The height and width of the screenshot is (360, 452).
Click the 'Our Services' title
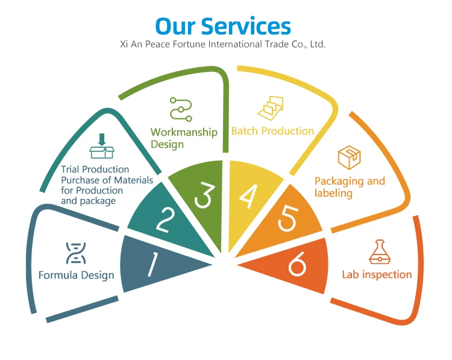pos(223,26)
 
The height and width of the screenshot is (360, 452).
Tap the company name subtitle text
pos(223,45)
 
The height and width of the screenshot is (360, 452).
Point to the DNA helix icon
pos(76,253)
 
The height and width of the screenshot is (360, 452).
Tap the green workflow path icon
pos(180,109)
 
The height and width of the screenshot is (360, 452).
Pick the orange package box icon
pos(349,158)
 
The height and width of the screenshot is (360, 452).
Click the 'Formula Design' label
pos(76,276)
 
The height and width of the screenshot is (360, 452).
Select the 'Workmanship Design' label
pos(184,138)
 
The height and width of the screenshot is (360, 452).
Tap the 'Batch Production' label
pos(272,131)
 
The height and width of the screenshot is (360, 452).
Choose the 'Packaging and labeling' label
pos(350,187)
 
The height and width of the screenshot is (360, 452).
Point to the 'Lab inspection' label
pos(377,274)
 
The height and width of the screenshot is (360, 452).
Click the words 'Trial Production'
pos(95,169)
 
